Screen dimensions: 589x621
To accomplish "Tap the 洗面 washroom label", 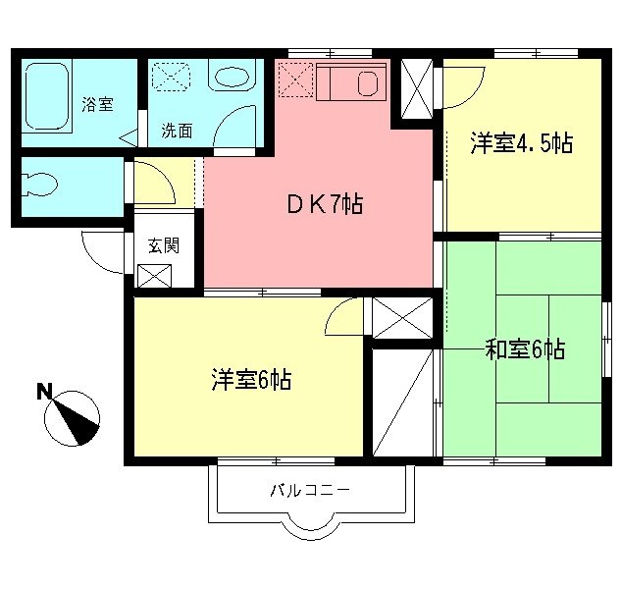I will pyautogui.click(x=177, y=130).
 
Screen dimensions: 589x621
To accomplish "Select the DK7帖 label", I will pyautogui.click(x=325, y=205).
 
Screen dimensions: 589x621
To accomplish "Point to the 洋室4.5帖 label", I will pyautogui.click(x=521, y=143).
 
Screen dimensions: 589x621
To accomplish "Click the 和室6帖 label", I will pyautogui.click(x=525, y=349).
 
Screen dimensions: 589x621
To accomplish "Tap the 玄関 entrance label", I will pyautogui.click(x=163, y=246).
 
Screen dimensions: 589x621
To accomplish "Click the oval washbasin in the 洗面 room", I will pyautogui.click(x=232, y=79).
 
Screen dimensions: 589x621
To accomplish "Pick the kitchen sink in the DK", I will pyautogui.click(x=369, y=82).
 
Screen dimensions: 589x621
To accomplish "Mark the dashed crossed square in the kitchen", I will pyautogui.click(x=294, y=80).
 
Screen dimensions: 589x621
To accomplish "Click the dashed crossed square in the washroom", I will pyautogui.click(x=174, y=79).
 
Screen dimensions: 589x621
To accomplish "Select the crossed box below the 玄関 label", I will pyautogui.click(x=155, y=276).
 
